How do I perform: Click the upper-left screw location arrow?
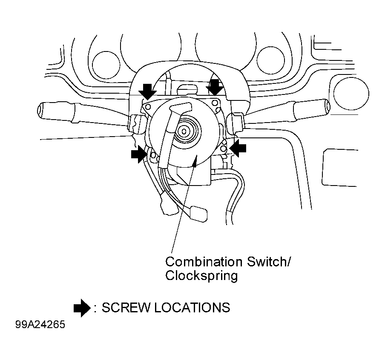click(147, 91)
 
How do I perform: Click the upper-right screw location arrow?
click(215, 87)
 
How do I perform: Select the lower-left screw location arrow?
click(139, 154)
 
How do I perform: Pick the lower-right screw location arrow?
click(238, 148)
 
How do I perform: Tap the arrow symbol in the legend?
click(82, 308)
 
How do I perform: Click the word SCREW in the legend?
click(125, 308)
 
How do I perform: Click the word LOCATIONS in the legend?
click(192, 308)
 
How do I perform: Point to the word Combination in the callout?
click(204, 262)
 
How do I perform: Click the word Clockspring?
click(201, 276)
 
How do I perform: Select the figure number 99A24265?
click(40, 324)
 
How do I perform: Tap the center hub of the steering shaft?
click(184, 131)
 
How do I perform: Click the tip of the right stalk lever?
click(328, 106)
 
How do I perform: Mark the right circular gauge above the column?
click(270, 60)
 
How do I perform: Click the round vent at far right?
click(351, 94)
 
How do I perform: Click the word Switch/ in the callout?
click(269, 262)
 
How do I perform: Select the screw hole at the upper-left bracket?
click(148, 107)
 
